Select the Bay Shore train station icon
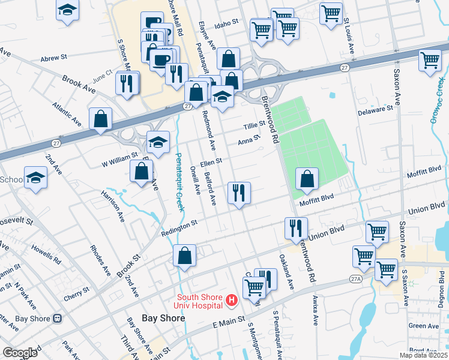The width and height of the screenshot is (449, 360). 58,319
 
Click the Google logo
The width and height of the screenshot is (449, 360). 20,353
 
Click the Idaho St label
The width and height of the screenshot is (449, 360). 227,23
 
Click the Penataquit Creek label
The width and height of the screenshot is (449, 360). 179,174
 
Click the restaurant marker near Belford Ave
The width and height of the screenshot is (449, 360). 239,193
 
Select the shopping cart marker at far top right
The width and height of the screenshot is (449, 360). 430,60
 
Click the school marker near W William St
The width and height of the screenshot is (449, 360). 158,143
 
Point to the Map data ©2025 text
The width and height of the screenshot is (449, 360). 424,355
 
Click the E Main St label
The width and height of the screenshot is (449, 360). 229,323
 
